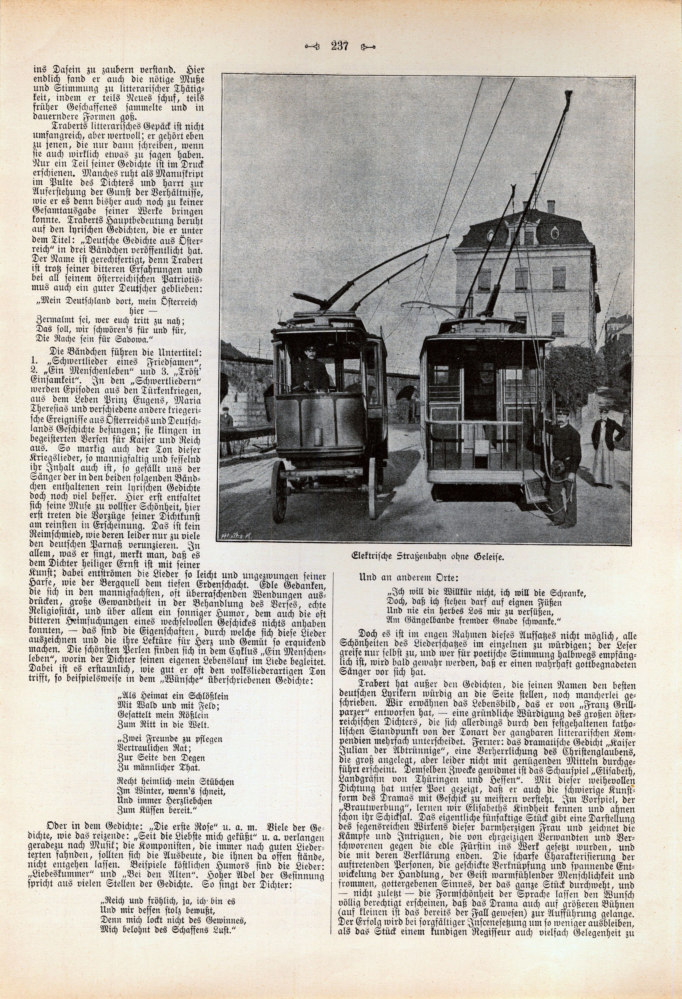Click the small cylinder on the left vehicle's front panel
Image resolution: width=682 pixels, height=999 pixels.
click(318, 437)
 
